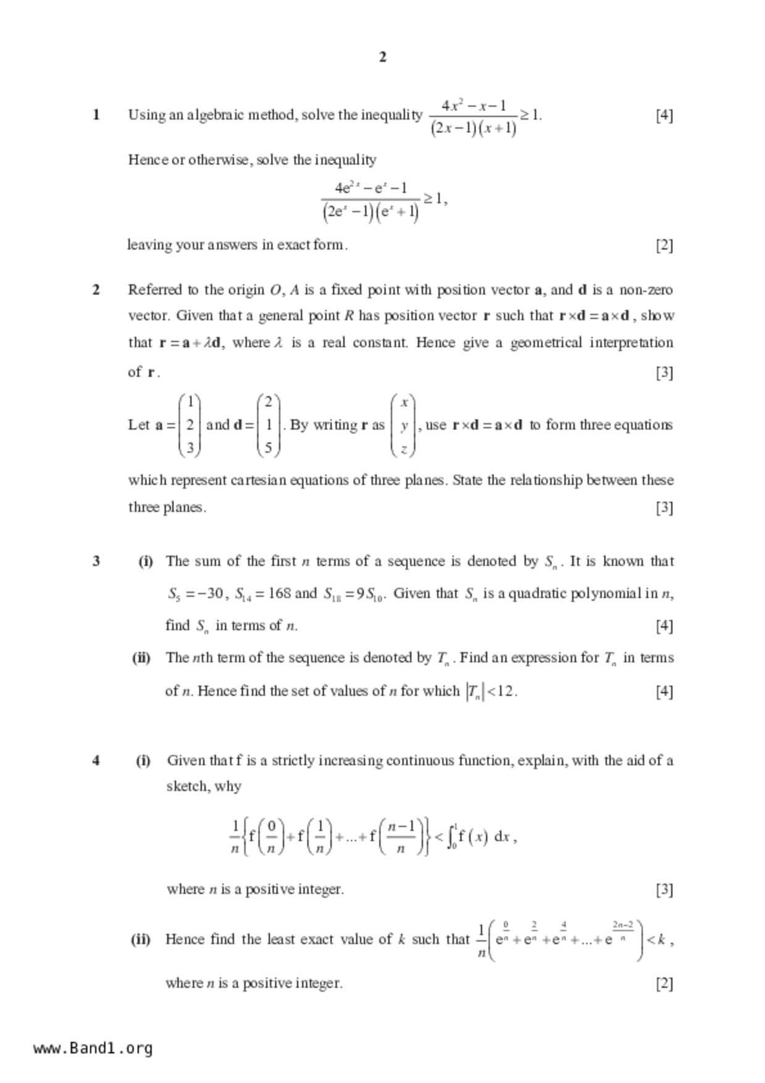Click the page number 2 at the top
pyautogui.click(x=382, y=57)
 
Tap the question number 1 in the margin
pyautogui.click(x=96, y=115)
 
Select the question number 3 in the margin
pyautogui.click(x=96, y=561)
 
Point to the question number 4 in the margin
pyautogui.click(x=96, y=760)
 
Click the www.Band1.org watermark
pyautogui.click(x=93, y=1048)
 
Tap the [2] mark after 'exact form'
pyautogui.click(x=664, y=245)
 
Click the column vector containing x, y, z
pyautogui.click(x=403, y=425)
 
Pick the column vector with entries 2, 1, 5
pyautogui.click(x=268, y=425)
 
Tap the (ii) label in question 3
pyautogui.click(x=141, y=658)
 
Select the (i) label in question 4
pyautogui.click(x=143, y=760)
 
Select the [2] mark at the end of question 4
pyautogui.click(x=664, y=983)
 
